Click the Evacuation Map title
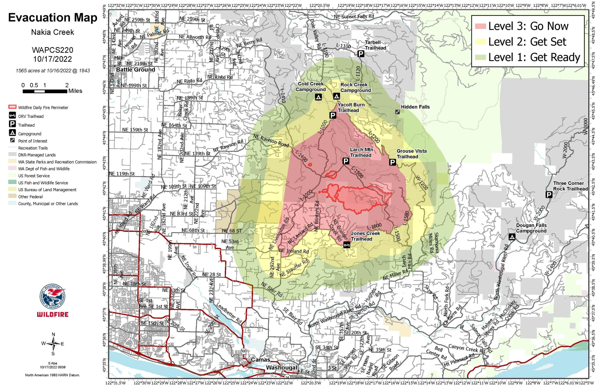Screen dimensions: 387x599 tap(53, 18)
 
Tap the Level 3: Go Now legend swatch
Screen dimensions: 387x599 tap(481, 26)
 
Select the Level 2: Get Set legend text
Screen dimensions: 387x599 tap(527, 42)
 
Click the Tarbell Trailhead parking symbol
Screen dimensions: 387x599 tap(361, 54)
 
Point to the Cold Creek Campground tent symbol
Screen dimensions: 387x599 tap(318, 97)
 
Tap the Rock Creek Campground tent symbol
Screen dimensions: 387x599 tap(336, 96)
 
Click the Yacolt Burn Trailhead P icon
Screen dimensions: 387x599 tap(333, 116)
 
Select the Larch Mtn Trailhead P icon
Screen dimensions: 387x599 tap(346, 161)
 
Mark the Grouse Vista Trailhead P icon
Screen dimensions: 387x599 tap(392, 162)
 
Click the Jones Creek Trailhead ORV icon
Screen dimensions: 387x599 tap(347, 245)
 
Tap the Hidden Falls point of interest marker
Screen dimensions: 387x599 tap(397, 112)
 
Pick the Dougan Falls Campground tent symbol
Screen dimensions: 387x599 tap(512, 237)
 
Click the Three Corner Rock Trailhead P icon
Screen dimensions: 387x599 tap(549, 195)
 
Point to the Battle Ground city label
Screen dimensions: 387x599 tap(135, 70)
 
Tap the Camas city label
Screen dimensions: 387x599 tap(261, 360)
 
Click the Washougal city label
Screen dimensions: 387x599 tap(281, 367)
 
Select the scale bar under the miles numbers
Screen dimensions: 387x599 tap(45, 91)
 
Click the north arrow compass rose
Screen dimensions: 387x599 tap(53, 344)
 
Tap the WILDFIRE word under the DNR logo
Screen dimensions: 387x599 tap(53, 315)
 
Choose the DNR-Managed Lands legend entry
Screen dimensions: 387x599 tap(37, 155)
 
